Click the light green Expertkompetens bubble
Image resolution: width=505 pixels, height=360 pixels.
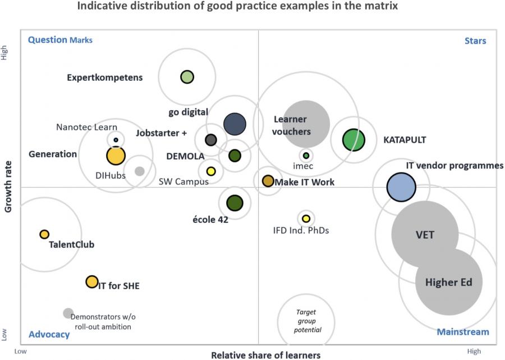pos(187,77)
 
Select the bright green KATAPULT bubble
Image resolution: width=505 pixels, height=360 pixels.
pos(353,140)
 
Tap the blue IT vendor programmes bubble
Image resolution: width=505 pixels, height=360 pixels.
pos(401,187)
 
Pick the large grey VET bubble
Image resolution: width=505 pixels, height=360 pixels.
pos(425,235)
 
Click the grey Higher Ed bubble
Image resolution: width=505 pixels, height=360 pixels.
pos(448,282)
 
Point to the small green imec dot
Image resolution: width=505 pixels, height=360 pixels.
pos(306,156)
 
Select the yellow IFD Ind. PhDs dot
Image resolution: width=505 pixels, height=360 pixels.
pos(306,218)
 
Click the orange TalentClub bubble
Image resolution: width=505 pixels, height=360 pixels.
pos(44,234)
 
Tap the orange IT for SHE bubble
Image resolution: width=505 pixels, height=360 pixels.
pos(92,281)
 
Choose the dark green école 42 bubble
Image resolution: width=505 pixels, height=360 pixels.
pos(234,203)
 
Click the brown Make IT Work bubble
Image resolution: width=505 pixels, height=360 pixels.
pos(268,181)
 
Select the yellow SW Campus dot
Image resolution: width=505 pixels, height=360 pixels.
pos(211,171)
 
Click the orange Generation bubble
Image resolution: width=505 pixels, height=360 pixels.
pos(116,156)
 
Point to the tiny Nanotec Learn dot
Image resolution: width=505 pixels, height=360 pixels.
pos(116,140)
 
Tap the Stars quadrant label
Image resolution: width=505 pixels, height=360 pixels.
pos(475,40)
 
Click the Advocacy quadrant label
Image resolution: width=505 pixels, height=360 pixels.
pos(49,334)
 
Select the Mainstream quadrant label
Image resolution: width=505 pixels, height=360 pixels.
pos(463,332)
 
